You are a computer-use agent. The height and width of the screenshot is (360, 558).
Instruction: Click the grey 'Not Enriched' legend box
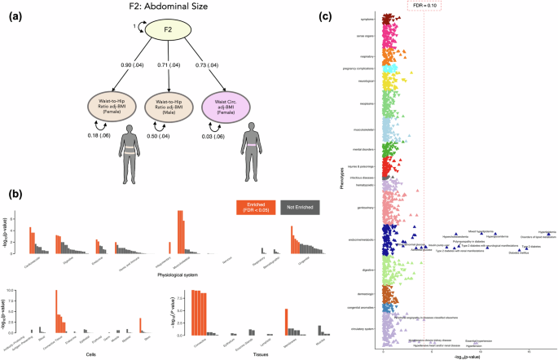point(302,208)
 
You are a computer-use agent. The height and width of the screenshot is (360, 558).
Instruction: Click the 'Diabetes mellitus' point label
point(519,253)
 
